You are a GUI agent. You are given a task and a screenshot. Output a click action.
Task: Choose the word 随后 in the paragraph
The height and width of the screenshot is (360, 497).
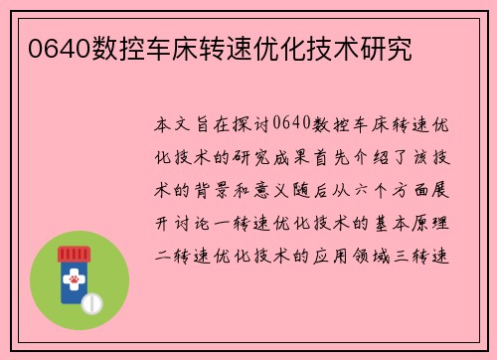click(343, 190)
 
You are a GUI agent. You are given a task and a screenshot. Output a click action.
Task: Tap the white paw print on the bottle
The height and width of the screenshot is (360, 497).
click(74, 282)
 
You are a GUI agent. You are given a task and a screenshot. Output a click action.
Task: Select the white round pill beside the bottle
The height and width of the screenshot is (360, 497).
click(91, 300)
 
